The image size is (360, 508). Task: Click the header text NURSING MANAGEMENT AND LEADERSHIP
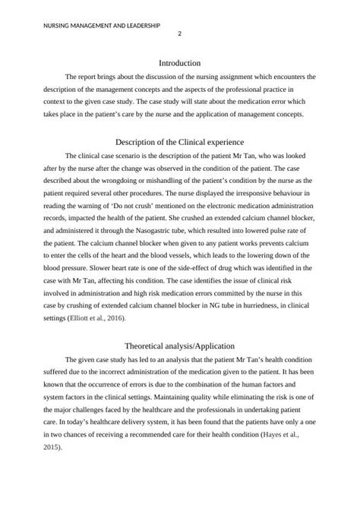[102, 25]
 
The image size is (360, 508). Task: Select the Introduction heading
[179, 63]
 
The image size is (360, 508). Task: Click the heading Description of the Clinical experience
[179, 141]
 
